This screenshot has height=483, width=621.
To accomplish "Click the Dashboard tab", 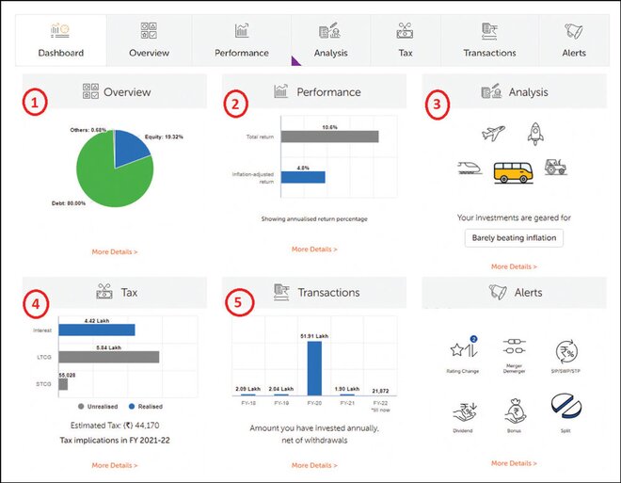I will coord(60,41).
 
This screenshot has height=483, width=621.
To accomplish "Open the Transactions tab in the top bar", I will coord(489,41).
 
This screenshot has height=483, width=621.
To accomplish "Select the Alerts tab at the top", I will coord(573,41).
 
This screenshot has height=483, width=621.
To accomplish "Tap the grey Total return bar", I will coord(328,137).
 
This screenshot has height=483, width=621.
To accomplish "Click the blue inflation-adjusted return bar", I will coord(302,176).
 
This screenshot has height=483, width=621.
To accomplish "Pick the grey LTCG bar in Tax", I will coord(108,357).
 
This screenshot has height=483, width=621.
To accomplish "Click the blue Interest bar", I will coord(97,330).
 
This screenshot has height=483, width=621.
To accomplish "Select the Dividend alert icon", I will coord(463,413).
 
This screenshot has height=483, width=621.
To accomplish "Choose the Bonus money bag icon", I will coord(515,413).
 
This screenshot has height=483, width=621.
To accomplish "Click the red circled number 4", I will coord(34,304).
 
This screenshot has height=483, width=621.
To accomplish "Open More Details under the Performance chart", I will coord(314,250).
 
